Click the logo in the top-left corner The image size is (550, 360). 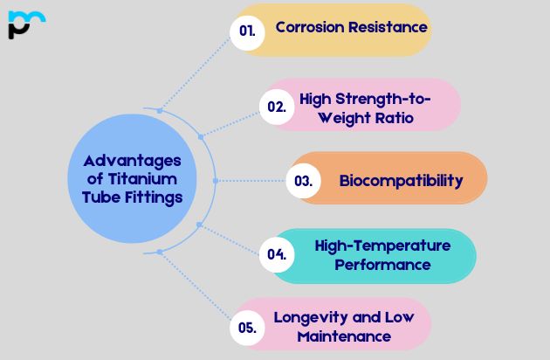point(26,24)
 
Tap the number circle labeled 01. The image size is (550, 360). point(247,31)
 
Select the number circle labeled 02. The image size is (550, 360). point(276,107)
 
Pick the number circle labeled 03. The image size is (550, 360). point(303,181)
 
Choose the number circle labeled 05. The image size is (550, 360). point(247,328)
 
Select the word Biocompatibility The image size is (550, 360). point(401,181)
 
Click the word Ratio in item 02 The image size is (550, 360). point(389,117)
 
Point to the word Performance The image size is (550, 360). point(383,264)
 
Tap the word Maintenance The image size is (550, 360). point(343,336)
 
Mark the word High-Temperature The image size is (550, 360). point(382,246)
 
